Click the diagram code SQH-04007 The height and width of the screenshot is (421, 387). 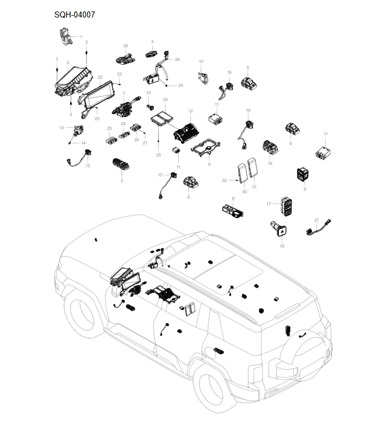[74, 14]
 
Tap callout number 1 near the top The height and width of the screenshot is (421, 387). [81, 36]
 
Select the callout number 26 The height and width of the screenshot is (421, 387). [126, 46]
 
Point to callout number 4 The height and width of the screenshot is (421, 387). [152, 42]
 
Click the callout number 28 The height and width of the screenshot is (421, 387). [178, 59]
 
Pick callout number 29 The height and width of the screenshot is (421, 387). [181, 86]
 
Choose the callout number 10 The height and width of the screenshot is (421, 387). [201, 62]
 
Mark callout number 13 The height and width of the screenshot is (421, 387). [62, 127]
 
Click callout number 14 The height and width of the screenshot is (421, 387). [84, 143]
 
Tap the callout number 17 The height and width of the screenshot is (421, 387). [268, 204]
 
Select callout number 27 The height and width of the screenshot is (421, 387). [316, 220]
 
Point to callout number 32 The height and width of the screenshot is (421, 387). [224, 180]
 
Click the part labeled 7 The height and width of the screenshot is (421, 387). [124, 109]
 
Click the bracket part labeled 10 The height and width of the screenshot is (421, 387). [203, 78]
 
